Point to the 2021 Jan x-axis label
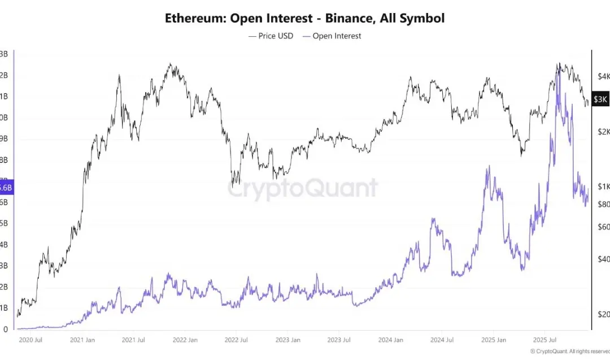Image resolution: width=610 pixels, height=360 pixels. click(x=83, y=340)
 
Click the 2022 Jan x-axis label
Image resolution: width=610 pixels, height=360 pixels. click(x=185, y=340)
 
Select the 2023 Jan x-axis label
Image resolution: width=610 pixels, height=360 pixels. click(x=287, y=340)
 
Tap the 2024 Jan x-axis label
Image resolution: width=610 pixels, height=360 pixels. click(x=390, y=340)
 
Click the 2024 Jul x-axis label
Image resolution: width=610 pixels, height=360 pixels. click(x=442, y=340)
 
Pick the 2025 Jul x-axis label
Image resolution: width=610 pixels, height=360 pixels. click(x=544, y=340)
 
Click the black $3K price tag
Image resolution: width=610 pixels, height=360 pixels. click(x=600, y=99)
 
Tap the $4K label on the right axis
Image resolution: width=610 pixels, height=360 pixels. click(x=603, y=76)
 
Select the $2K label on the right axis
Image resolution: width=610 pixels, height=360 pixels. click(x=603, y=132)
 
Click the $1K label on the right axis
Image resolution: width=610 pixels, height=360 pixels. click(x=603, y=187)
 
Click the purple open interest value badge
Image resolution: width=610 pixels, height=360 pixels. click(x=5, y=187)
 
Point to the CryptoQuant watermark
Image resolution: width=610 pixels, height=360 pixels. click(x=302, y=188)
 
